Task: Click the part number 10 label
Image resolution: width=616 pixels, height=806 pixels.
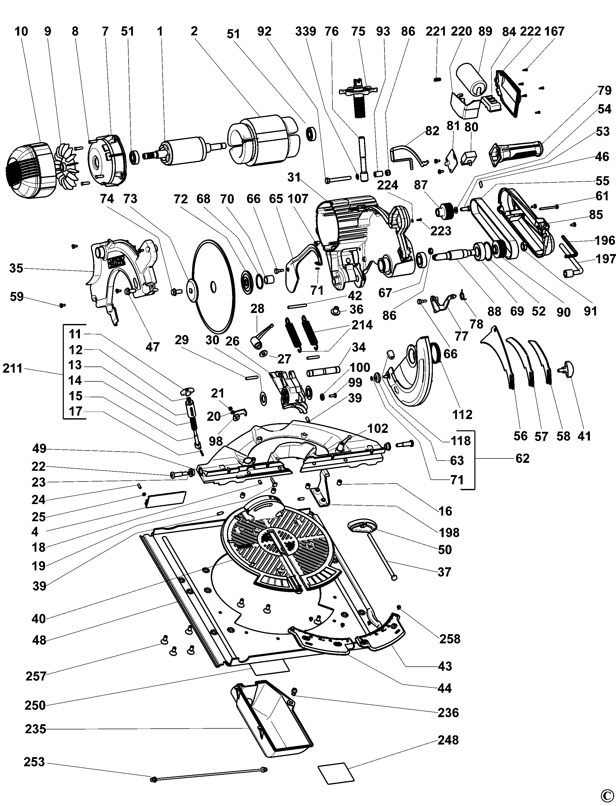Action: click(x=21, y=32)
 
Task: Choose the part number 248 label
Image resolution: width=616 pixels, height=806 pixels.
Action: click(x=448, y=748)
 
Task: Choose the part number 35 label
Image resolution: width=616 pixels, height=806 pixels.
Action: click(x=16, y=268)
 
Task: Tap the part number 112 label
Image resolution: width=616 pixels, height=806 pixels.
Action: click(x=462, y=414)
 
